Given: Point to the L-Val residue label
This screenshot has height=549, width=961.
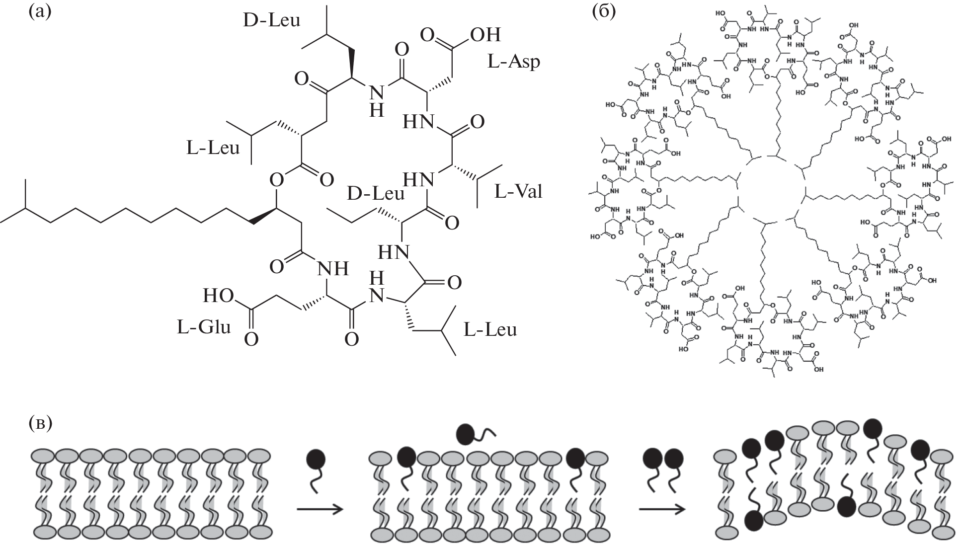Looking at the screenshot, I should (518, 191).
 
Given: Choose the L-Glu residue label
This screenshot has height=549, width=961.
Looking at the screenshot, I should (204, 327).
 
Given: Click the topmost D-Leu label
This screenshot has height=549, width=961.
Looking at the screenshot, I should (272, 20).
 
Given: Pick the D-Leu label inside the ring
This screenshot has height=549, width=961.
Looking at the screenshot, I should (375, 193).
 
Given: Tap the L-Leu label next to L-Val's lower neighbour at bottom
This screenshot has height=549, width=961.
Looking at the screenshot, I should (490, 329).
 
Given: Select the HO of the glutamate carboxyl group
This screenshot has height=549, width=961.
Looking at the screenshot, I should (218, 297).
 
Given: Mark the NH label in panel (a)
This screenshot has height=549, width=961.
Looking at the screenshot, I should (332, 269).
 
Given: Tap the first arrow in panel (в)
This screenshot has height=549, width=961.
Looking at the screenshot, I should (320, 509).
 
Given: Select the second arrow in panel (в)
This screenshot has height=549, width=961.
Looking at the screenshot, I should (661, 509).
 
